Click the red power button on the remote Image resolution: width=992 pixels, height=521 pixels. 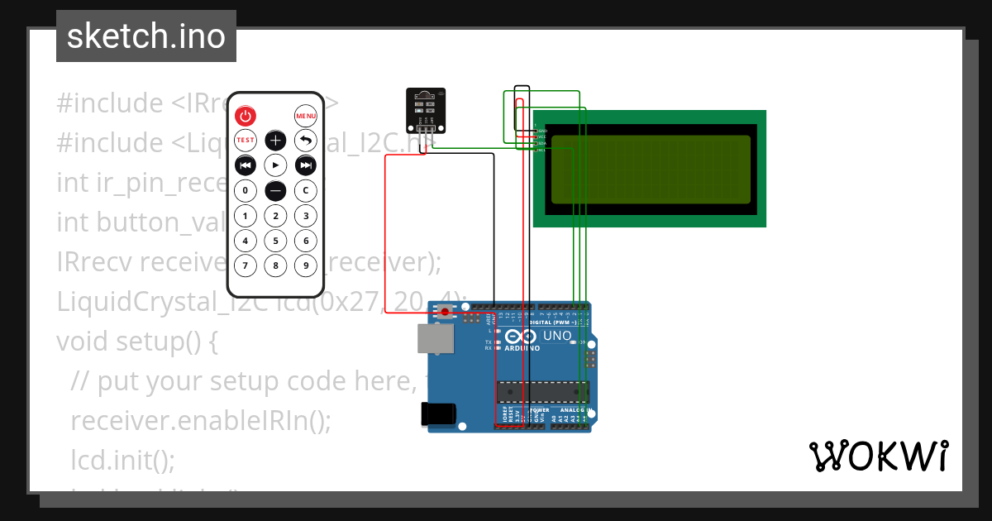tap(246, 116)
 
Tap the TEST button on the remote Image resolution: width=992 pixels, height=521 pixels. tap(246, 141)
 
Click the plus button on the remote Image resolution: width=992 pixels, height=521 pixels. tap(275, 141)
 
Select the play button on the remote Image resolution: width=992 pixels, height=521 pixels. tap(275, 165)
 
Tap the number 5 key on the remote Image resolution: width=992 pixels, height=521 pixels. tap(275, 241)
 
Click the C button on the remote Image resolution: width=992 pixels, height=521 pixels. tap(306, 191)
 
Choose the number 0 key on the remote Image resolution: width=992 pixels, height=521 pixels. tap(246, 191)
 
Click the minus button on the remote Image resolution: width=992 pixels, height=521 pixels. tap(275, 191)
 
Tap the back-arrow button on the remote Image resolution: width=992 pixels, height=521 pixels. tap(306, 141)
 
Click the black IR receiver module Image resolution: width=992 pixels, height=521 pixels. tap(425, 107)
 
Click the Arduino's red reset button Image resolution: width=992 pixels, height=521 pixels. tap(446, 312)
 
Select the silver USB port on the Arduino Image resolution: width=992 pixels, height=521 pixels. tap(435, 339)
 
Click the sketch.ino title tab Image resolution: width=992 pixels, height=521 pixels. tap(146, 36)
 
